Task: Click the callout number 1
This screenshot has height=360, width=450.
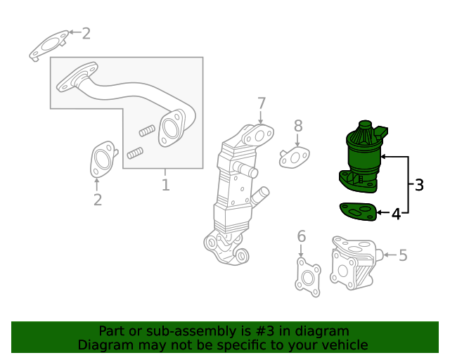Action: (x=166, y=185)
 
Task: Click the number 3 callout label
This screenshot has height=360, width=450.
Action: (x=419, y=185)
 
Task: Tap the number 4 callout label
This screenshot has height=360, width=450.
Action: (x=396, y=214)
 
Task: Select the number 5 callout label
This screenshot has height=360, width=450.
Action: (x=403, y=255)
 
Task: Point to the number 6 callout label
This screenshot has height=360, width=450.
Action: (x=302, y=236)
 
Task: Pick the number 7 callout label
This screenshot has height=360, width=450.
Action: (x=262, y=103)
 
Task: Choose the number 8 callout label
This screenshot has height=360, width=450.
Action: (x=298, y=126)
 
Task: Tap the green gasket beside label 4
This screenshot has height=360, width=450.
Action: (x=358, y=212)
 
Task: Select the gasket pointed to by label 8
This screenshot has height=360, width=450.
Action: (x=295, y=157)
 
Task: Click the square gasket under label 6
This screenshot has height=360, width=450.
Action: (x=308, y=277)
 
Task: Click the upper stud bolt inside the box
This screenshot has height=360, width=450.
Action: (x=147, y=131)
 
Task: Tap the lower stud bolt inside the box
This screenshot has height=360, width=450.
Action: (x=135, y=153)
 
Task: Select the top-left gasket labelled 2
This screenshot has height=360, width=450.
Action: (x=49, y=46)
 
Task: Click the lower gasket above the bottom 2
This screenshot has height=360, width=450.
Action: (x=103, y=159)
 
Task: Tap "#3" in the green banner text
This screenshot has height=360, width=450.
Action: (x=264, y=331)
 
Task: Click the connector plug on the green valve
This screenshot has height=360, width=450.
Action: (x=380, y=132)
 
